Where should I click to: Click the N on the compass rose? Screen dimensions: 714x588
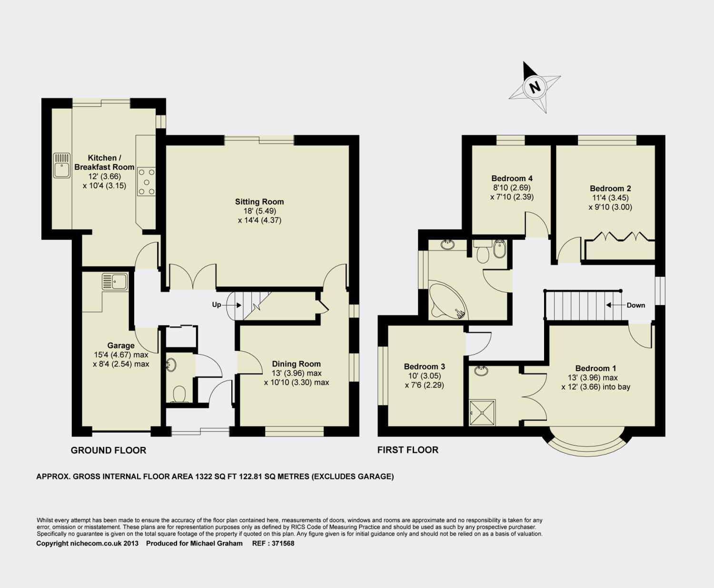pos(535,87)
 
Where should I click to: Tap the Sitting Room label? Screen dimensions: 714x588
pos(259,202)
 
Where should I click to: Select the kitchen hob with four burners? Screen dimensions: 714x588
pos(146,182)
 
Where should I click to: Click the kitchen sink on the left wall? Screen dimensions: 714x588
pos(61,165)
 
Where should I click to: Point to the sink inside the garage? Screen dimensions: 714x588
pos(115,282)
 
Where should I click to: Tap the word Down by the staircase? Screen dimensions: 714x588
pos(635,305)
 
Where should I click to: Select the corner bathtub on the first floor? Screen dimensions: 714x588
pos(448,300)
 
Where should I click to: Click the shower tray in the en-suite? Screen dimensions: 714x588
pos(482,413)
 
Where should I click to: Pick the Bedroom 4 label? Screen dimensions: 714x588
pos(512,178)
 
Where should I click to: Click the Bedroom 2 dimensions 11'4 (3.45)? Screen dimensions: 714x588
pos(610,198)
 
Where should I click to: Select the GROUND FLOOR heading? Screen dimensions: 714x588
pos(109,450)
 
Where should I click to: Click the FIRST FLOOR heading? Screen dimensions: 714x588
pos(407,450)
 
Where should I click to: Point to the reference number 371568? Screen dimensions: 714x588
pos(283,544)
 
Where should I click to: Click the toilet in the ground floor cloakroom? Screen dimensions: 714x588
pos(179,395)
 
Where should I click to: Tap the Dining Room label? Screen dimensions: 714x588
pos(296,364)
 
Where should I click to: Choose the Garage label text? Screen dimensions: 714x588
pos(121,345)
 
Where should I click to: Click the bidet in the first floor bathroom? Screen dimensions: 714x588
pos(499,249)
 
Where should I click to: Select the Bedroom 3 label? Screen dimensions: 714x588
pos(424,367)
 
